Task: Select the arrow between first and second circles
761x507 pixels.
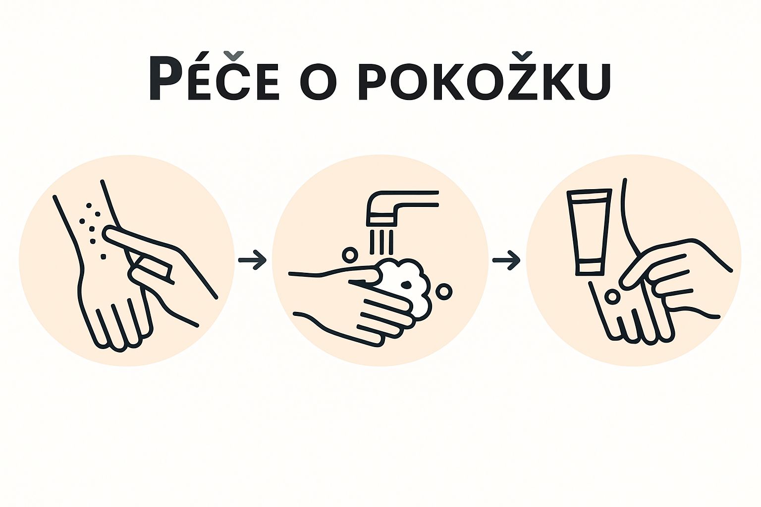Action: tap(252, 259)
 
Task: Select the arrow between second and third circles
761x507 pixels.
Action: tap(506, 259)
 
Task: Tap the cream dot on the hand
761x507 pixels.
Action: tap(612, 297)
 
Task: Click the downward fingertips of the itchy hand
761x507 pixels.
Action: tap(119, 342)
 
